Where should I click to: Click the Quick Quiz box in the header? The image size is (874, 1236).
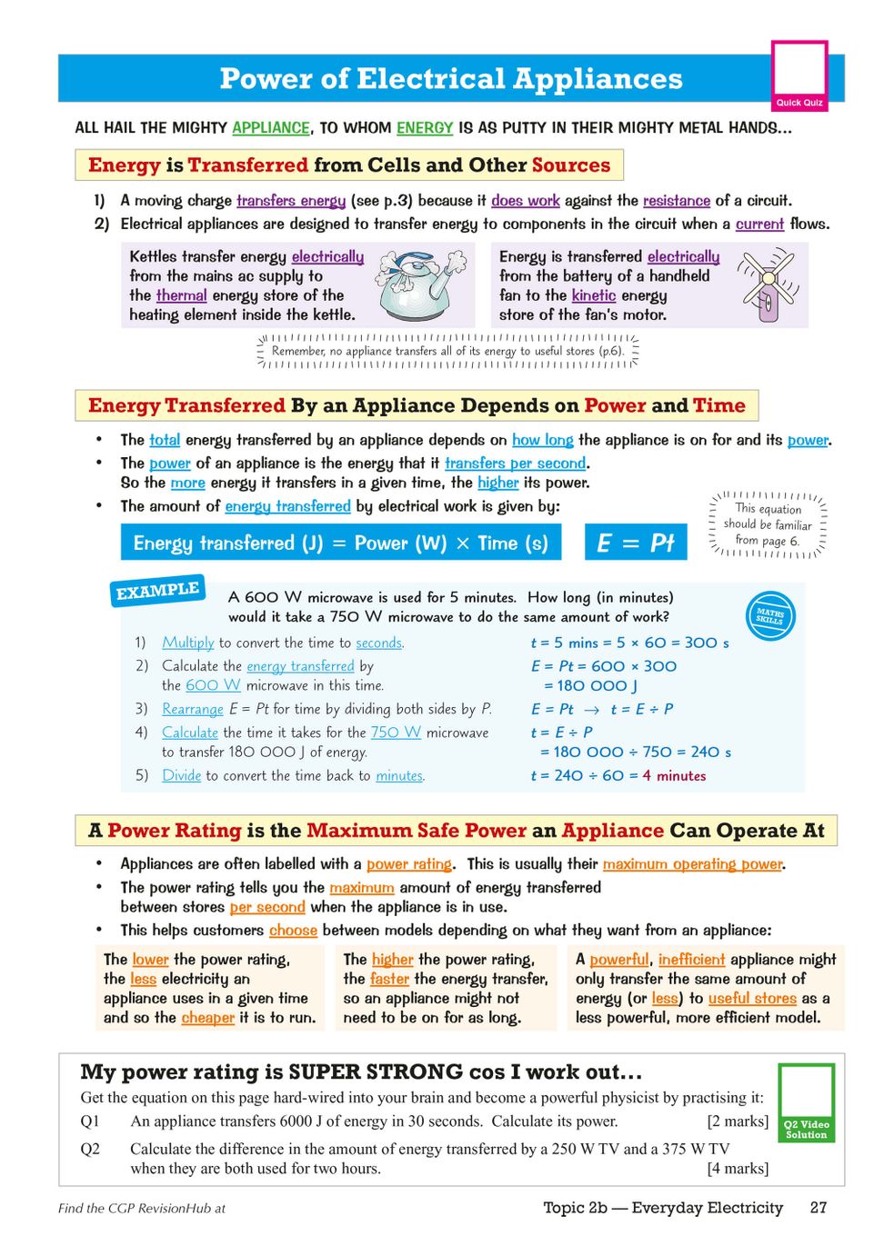pos(799,75)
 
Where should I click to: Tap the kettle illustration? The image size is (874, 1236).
pos(419,287)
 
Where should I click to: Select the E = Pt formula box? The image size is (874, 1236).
pos(635,543)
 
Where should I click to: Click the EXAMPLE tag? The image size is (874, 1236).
pos(157,591)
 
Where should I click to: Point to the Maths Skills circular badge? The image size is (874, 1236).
pos(769,615)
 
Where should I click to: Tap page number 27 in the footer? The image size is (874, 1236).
pos(819,1207)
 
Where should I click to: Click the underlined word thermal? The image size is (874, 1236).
pos(182,295)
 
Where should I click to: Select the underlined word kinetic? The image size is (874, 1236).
pos(594,295)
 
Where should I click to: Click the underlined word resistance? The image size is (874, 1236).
pos(677,201)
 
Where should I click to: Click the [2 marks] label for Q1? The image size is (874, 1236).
pos(738,1121)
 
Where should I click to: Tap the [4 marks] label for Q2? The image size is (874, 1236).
pos(738,1168)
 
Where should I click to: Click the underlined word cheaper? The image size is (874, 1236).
pos(208,1018)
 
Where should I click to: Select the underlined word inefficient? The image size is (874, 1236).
pos(691,960)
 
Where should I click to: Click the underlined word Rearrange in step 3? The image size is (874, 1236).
pos(193,709)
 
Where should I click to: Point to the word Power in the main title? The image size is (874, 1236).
pos(265,79)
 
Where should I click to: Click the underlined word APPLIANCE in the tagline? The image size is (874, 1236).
pos(271,128)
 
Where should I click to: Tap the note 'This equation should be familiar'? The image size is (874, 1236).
pos(768,524)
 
